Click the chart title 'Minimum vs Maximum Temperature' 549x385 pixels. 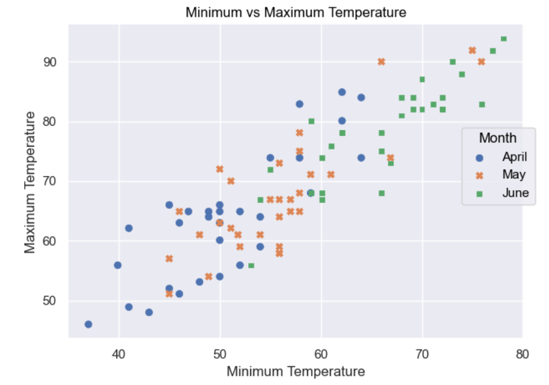coord(296,13)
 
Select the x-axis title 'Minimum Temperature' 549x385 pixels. coord(296,372)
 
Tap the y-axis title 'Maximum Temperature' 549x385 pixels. coord(30,183)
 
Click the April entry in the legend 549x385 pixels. coord(515,157)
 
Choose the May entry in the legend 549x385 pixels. coord(514,175)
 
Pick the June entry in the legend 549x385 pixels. coord(516,193)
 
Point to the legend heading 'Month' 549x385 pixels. coord(498,138)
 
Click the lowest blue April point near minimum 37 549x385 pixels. coord(88,324)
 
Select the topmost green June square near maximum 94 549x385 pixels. coord(504,39)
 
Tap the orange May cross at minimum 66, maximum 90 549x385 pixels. coord(381,62)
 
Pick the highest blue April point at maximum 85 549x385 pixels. coord(342,92)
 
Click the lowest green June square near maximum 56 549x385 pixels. coord(251,265)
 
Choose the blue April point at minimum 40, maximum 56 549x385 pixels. coord(118,265)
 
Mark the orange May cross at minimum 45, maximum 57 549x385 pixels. coord(169,258)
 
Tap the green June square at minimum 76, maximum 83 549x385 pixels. coord(482,104)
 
